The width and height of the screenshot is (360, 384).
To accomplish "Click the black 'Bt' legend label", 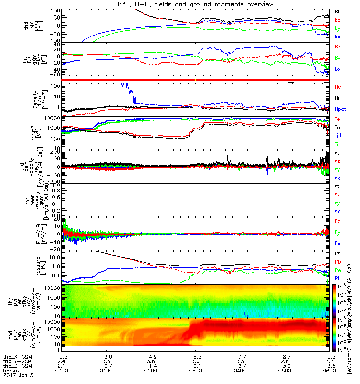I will [x=338, y=11].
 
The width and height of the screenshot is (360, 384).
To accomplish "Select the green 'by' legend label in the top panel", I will [x=338, y=29].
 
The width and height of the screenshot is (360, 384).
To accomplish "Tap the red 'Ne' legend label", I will [x=338, y=87].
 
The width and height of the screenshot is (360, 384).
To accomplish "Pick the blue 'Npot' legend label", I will [x=340, y=109].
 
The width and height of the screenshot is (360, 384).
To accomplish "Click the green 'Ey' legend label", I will [x=338, y=233].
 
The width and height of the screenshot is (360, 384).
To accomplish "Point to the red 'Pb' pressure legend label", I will [x=338, y=262].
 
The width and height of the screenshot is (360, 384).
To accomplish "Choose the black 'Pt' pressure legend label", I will [x=338, y=253].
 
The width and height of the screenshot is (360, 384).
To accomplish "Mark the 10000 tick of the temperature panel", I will [x=51, y=118].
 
